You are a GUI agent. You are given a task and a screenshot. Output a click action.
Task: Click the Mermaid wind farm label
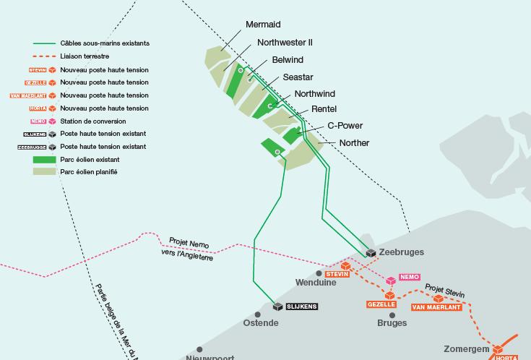263,25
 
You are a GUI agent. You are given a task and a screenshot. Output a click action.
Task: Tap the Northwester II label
285,43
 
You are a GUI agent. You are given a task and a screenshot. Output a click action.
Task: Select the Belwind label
288,60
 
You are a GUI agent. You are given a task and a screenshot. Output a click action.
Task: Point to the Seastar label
298,77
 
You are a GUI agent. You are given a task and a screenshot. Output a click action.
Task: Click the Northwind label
315,95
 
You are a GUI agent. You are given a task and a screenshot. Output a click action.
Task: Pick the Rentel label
324,110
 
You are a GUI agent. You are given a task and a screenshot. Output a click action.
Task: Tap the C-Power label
345,126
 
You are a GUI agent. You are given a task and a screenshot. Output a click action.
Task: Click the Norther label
354,143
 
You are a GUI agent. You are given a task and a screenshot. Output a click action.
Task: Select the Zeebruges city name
401,252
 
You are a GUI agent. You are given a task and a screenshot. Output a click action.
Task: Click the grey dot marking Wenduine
319,273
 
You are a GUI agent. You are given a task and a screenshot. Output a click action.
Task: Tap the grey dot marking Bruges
393,314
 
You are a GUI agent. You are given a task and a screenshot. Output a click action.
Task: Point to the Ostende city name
261,322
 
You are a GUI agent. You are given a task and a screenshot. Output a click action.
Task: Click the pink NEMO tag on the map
410,278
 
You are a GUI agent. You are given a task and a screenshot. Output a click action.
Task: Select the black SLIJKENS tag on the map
302,307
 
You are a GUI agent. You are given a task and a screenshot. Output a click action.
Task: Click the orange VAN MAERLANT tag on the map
436,307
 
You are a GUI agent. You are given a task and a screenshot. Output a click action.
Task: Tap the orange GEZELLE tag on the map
381,305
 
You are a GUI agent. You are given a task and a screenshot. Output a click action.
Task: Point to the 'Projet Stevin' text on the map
444,290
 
